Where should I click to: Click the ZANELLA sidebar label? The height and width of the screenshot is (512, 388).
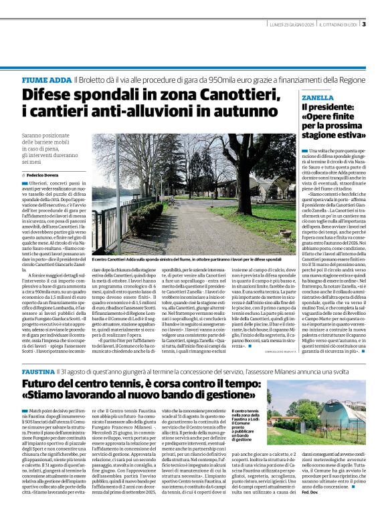click(317, 98)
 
